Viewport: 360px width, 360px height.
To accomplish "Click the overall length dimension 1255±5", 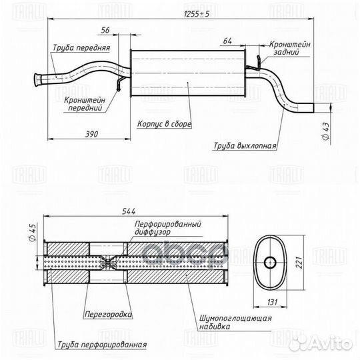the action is [x=197, y=14].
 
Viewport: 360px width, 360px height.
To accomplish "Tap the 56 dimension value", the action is [x=105, y=30].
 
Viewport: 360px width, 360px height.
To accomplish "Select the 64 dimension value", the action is [x=227, y=41].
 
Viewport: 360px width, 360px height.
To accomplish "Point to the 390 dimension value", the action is [x=91, y=134].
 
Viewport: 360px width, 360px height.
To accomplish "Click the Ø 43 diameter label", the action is [x=325, y=131].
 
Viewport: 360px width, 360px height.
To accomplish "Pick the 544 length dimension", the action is [x=129, y=211].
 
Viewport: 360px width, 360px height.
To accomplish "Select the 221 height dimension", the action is [x=299, y=263].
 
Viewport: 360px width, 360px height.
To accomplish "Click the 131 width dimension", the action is [x=272, y=302].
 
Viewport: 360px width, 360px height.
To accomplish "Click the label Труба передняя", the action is [x=81, y=48].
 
